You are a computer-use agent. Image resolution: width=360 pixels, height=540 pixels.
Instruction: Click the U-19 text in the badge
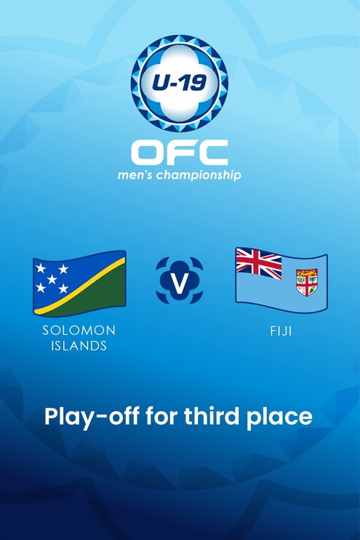180,74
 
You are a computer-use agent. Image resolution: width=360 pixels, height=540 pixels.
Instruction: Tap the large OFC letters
180,153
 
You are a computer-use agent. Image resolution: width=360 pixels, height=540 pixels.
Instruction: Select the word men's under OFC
137,175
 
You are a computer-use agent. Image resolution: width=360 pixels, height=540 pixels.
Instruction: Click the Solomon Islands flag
79,283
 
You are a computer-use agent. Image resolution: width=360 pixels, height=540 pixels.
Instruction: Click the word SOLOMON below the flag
79,331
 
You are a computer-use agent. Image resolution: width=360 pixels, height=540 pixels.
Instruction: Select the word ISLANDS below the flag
79,346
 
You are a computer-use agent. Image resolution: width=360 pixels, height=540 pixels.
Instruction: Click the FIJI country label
281,331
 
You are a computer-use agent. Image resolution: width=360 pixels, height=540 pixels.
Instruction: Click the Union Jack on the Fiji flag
258,264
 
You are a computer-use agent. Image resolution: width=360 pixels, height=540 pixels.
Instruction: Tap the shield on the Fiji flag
306,282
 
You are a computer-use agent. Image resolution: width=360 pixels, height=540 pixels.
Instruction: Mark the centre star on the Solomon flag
52,279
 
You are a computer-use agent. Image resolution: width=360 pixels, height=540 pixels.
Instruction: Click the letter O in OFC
149,153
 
